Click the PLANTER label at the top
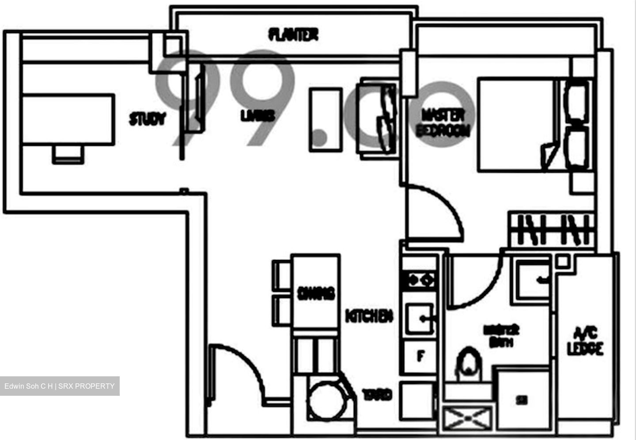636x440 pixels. click(293, 34)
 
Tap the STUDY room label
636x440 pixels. click(147, 119)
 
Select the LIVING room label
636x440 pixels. click(257, 115)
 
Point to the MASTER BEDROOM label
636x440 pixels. click(443, 122)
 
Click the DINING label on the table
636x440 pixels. click(316, 293)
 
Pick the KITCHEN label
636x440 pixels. click(369, 316)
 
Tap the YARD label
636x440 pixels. click(377, 394)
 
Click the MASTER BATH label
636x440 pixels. click(501, 336)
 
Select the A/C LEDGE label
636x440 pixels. click(585, 341)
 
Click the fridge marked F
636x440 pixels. click(420, 356)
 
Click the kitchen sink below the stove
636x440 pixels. click(419, 318)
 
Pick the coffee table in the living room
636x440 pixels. click(326, 120)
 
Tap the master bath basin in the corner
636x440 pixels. click(534, 279)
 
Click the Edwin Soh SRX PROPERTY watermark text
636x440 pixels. click(60, 386)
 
